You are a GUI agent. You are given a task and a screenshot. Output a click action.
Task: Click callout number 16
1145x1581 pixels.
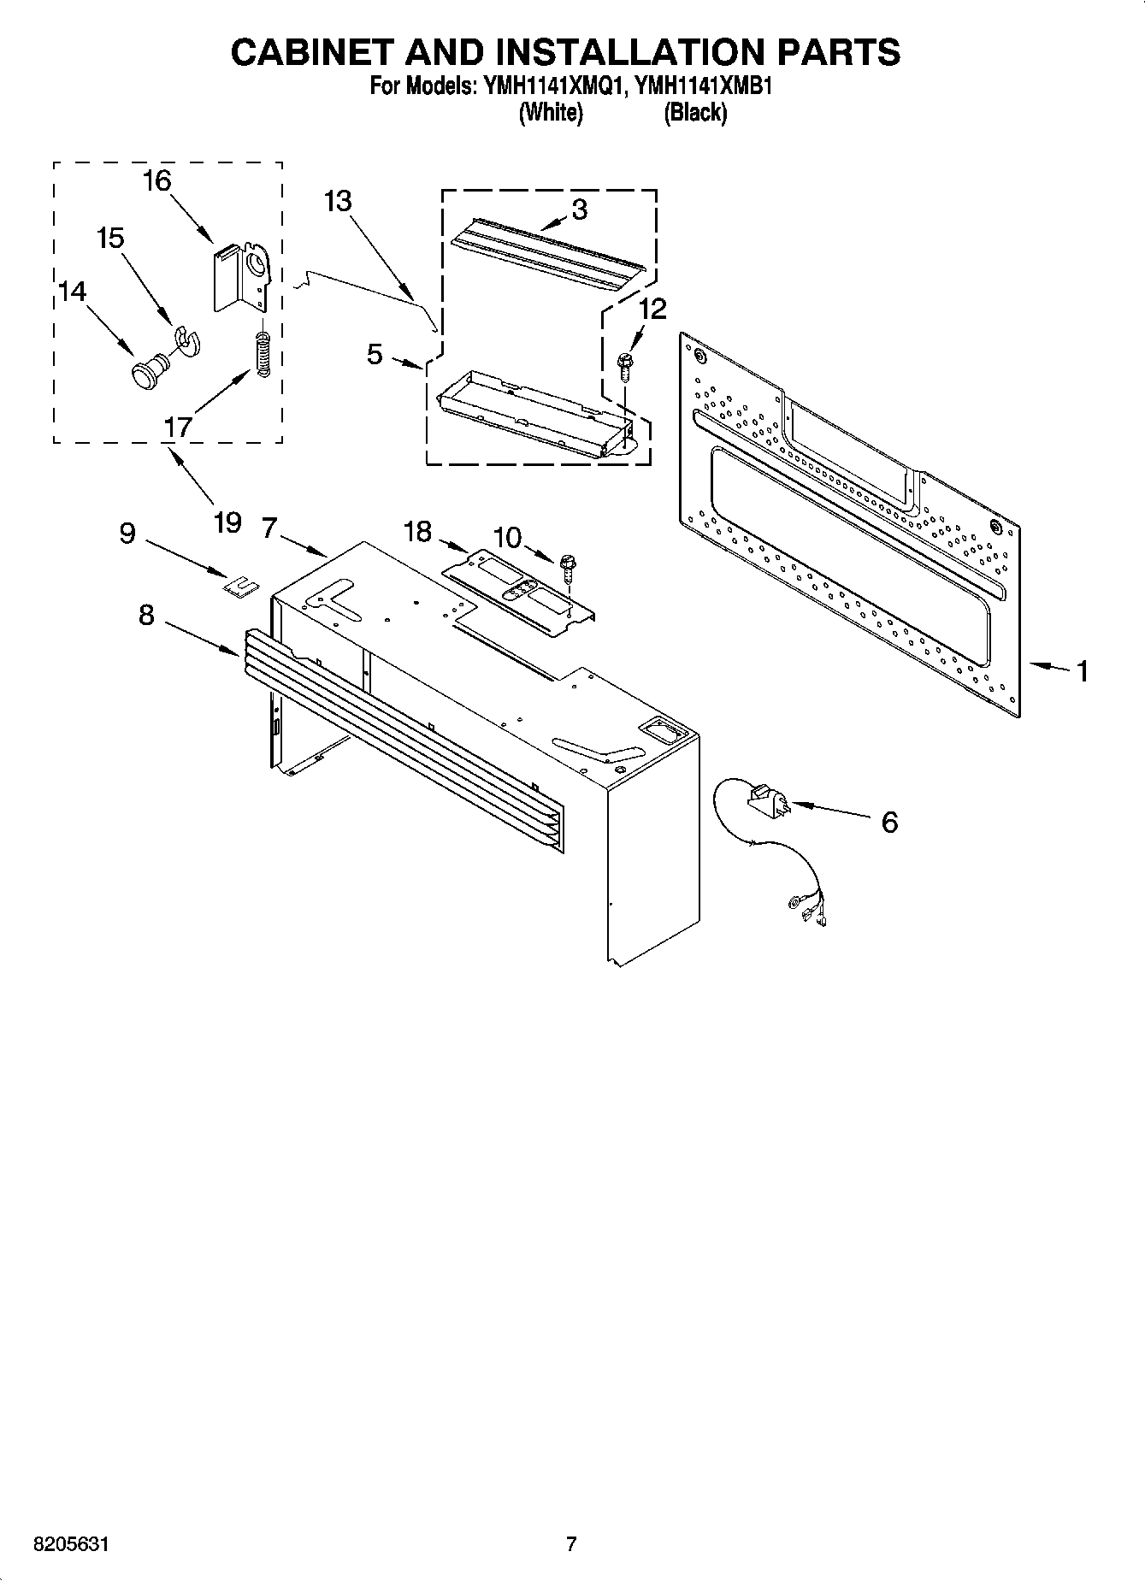click(157, 181)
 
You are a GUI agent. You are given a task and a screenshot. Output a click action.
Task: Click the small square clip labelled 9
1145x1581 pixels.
click(241, 585)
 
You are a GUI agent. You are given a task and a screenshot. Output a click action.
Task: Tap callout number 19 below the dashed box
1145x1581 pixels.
click(227, 522)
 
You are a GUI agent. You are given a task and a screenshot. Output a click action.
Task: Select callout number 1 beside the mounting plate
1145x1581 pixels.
click(1083, 671)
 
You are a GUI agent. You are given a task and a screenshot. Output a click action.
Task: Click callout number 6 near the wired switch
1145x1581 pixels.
click(889, 823)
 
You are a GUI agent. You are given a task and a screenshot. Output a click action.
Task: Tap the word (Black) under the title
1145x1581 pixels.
click(695, 112)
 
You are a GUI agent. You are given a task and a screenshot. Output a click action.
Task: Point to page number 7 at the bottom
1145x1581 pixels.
click(571, 1544)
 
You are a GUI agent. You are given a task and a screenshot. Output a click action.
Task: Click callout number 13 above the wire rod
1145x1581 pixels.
click(338, 202)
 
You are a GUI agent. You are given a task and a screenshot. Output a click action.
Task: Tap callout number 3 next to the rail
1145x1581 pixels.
click(579, 210)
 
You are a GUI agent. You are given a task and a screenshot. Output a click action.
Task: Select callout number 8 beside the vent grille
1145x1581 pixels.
click(147, 614)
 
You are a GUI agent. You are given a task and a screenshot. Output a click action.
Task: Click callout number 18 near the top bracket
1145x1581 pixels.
click(417, 532)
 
